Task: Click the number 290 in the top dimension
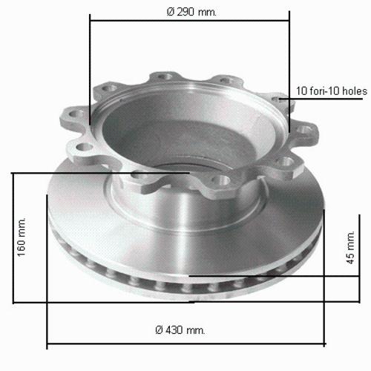point(185,12)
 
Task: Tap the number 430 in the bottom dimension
point(174,329)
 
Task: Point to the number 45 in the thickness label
point(350,258)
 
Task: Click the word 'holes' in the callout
point(355,91)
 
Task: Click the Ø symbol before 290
point(171,12)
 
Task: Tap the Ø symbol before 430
point(160,329)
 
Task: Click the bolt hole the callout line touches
point(278,99)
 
